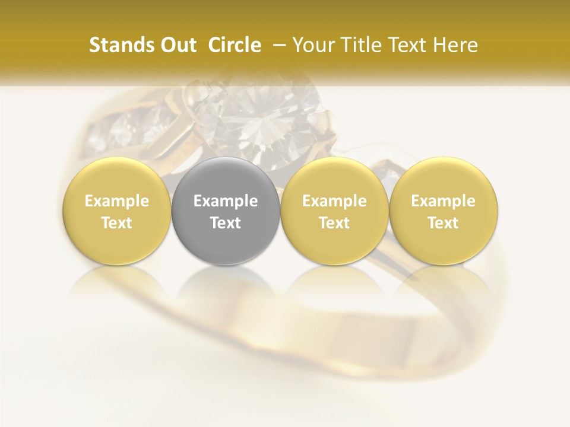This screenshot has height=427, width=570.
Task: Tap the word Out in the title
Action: [x=177, y=45]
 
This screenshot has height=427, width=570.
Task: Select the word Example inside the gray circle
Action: [x=226, y=201]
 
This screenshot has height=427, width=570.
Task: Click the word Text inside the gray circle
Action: [x=226, y=223]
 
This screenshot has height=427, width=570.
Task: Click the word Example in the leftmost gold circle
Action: [x=117, y=201]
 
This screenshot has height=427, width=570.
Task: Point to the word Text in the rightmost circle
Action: [x=444, y=223]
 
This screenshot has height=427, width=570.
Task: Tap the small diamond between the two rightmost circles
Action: [x=389, y=173]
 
